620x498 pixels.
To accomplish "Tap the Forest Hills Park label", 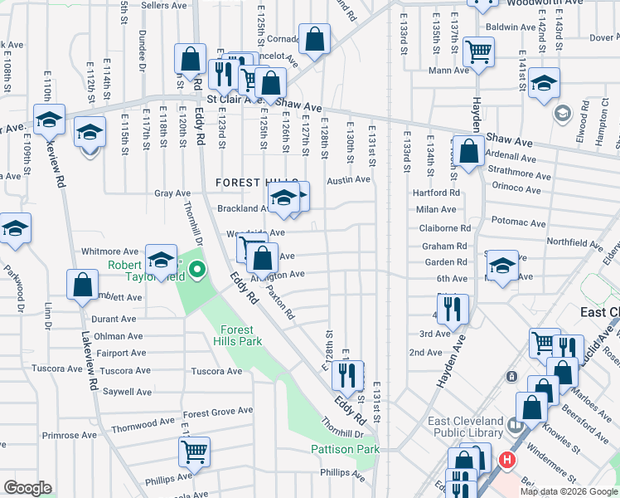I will pyautogui.click(x=237, y=334).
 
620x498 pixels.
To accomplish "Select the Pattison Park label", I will pyautogui.click(x=345, y=449).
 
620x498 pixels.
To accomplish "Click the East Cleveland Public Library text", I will pyautogui.click(x=465, y=427).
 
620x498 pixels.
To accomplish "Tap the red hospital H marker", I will pyautogui.click(x=506, y=459).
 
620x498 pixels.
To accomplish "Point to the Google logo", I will pyautogui.click(x=27, y=488).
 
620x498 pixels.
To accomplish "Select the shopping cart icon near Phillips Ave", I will pyautogui.click(x=193, y=453).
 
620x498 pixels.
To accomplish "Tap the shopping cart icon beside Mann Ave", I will pyautogui.click(x=478, y=51).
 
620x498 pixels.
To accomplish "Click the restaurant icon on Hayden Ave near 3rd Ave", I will pyautogui.click(x=452, y=309).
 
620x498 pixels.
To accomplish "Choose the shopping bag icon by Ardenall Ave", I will pyautogui.click(x=469, y=152).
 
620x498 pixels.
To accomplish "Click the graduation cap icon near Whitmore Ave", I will pyautogui.click(x=162, y=258).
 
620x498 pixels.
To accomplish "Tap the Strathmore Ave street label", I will pyautogui.click(x=520, y=176).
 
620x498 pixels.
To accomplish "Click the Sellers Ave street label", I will pyautogui.click(x=162, y=5).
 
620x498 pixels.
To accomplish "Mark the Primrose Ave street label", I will pyautogui.click(x=70, y=435).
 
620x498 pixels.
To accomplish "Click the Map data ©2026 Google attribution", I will pyautogui.click(x=569, y=491).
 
